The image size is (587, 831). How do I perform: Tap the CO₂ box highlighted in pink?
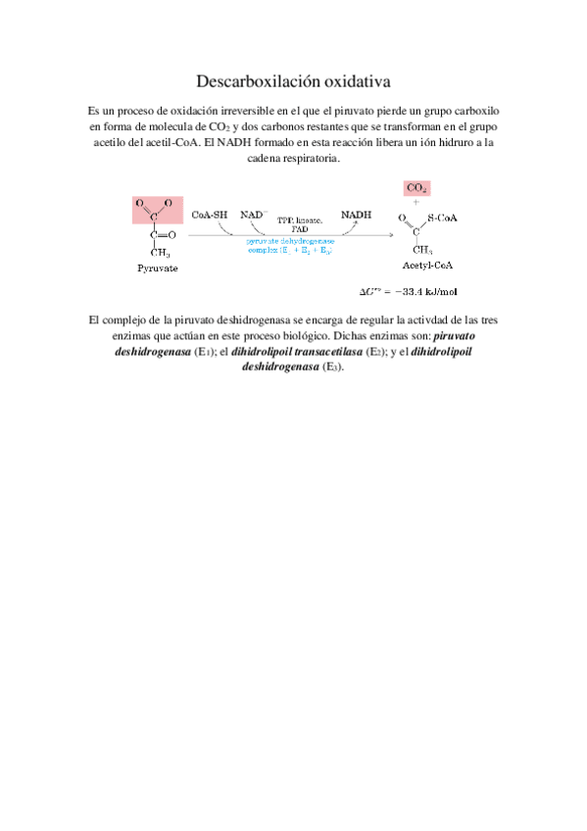(416, 187)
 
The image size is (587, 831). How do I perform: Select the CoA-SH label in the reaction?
(210, 213)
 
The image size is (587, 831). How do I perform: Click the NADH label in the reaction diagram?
(355, 213)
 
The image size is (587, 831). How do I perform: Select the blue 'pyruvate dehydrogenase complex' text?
(289, 245)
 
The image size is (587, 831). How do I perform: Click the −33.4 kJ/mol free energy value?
(420, 291)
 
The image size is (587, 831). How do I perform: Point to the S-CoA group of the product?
(444, 217)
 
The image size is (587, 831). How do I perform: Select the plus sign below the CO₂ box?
(416, 202)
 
